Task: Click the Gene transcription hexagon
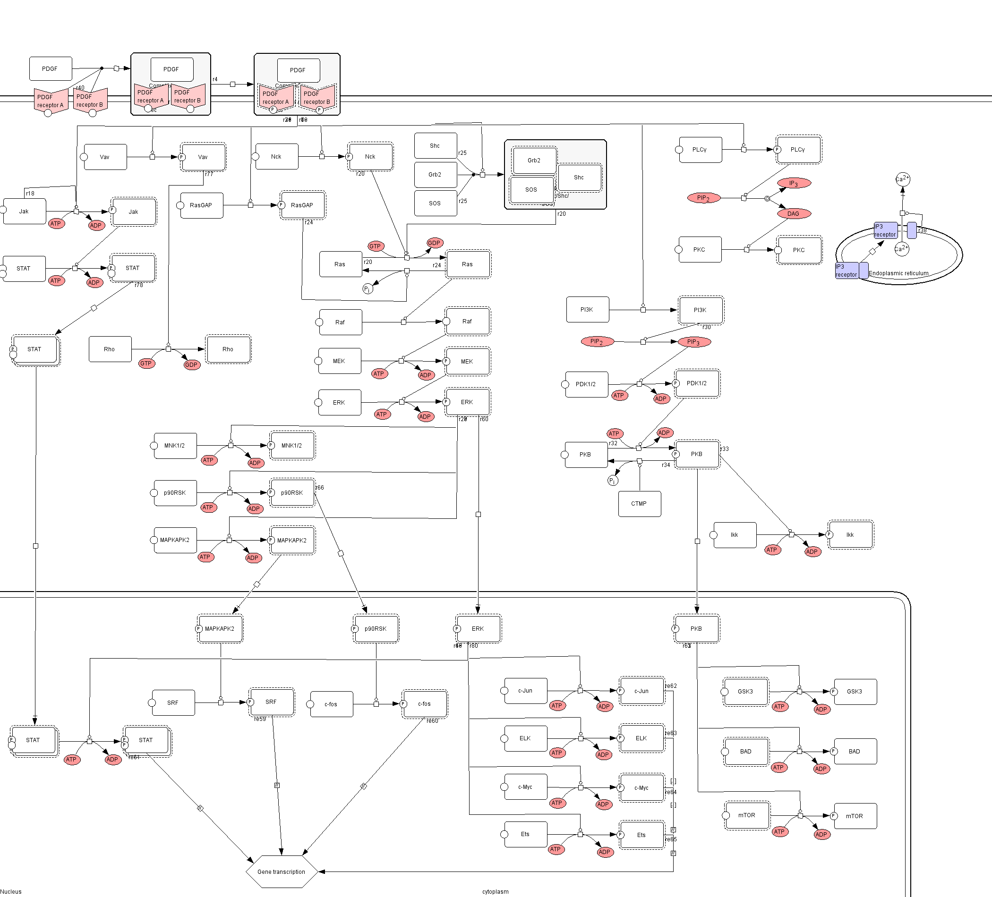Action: (x=282, y=872)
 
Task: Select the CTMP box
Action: (x=639, y=504)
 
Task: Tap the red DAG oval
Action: (x=793, y=213)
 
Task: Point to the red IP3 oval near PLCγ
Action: (x=794, y=183)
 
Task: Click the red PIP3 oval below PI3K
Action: (x=694, y=342)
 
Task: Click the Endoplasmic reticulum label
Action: (x=898, y=273)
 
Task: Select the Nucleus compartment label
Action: (x=11, y=892)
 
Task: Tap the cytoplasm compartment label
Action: (x=496, y=892)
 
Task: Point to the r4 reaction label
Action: (x=215, y=79)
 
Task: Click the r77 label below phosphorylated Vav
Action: (x=209, y=174)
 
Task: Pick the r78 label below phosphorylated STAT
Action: (x=139, y=285)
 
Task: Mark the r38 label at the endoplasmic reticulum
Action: (x=923, y=230)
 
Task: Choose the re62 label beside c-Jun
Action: (x=671, y=686)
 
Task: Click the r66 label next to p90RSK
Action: (x=320, y=488)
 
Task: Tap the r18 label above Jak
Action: (x=31, y=194)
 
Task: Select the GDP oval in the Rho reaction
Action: (x=191, y=365)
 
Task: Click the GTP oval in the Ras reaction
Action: (x=376, y=246)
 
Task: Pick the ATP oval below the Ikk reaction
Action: (x=772, y=550)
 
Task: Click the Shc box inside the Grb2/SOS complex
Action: (x=579, y=178)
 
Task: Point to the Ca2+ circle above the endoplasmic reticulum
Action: (x=902, y=179)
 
